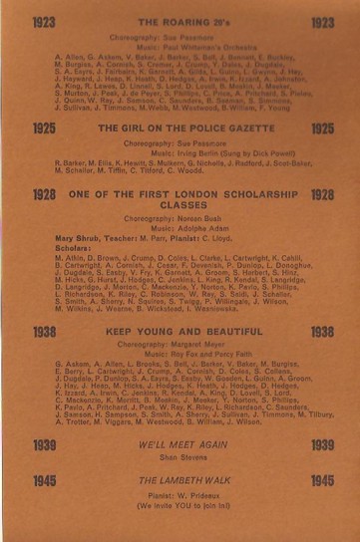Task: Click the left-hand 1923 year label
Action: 37,21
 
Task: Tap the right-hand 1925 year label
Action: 322,129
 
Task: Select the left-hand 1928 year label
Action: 37,195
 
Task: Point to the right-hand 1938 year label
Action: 322,332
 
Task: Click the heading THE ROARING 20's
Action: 180,21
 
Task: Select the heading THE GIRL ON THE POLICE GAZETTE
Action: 180,129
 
